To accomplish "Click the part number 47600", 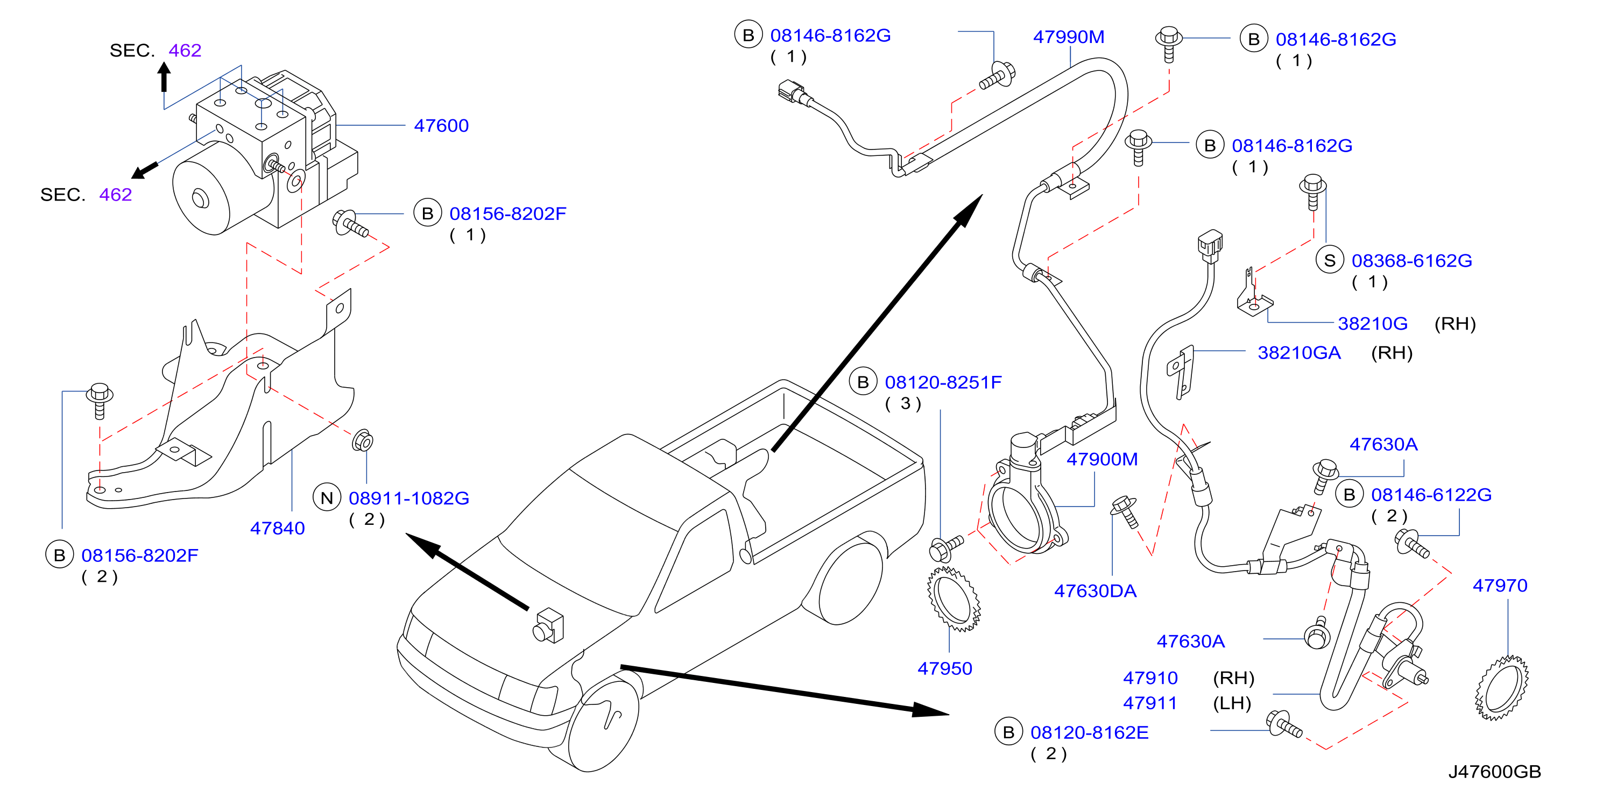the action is tap(441, 126).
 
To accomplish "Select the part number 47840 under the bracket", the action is tap(278, 528).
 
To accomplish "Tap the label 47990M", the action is tap(1069, 37).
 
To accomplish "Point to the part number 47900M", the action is tap(1102, 459).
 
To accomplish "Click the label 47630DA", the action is tap(1095, 591).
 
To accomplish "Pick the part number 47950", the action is tap(944, 668).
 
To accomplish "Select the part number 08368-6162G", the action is tap(1411, 261).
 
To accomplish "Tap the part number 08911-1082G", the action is tap(409, 498).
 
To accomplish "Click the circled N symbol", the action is tap(327, 497).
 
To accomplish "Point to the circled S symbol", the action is tap(1329, 261).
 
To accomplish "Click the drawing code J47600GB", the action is tap(1494, 771).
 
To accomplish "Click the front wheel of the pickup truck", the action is tap(603, 725).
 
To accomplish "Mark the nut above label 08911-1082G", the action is tap(362, 441).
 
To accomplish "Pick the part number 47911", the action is tap(1150, 703).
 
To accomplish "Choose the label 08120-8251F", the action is tap(943, 382).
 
